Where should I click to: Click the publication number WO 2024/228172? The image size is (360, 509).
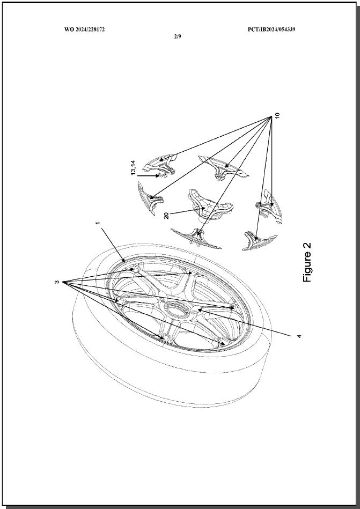84,29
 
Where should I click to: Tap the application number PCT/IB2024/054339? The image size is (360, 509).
271,29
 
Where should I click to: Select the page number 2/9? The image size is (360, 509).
178,36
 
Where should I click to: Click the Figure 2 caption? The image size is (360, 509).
307,262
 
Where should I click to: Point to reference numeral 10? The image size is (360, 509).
277,116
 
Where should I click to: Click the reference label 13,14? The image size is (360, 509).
134,167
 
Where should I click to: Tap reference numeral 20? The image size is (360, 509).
166,215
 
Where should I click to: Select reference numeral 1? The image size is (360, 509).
98,223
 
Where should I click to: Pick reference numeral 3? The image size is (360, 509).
57,282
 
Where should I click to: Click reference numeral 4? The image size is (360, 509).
299,336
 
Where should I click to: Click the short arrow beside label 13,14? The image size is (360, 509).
149,176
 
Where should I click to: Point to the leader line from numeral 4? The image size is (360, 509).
243,321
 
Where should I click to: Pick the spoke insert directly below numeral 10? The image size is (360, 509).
269,206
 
